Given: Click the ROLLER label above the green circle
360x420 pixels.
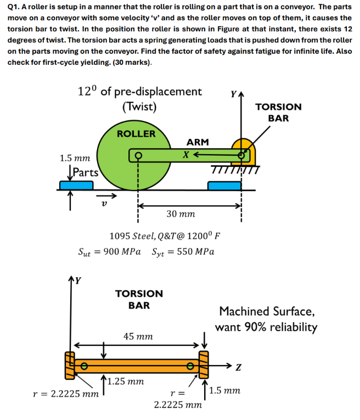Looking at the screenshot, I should (136, 133).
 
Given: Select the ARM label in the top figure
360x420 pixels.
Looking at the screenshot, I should (198, 142).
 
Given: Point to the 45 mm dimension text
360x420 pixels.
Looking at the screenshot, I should (138, 335).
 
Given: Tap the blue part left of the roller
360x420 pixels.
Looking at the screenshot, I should (76, 185).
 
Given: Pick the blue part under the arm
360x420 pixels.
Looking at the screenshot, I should (224, 185).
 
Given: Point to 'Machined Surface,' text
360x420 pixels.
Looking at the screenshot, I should (267, 311).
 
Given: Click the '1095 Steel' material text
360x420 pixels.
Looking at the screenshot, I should (132, 236).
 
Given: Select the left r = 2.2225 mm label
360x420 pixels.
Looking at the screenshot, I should (66, 393).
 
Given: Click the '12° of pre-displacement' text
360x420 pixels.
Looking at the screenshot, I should (139, 91).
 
